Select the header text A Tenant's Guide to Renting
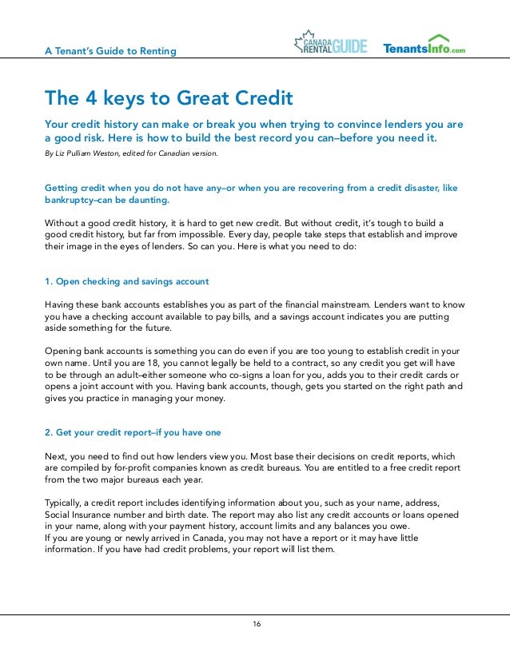110,52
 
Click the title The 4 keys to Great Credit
169,98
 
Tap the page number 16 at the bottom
255,623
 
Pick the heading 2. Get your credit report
133,433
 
